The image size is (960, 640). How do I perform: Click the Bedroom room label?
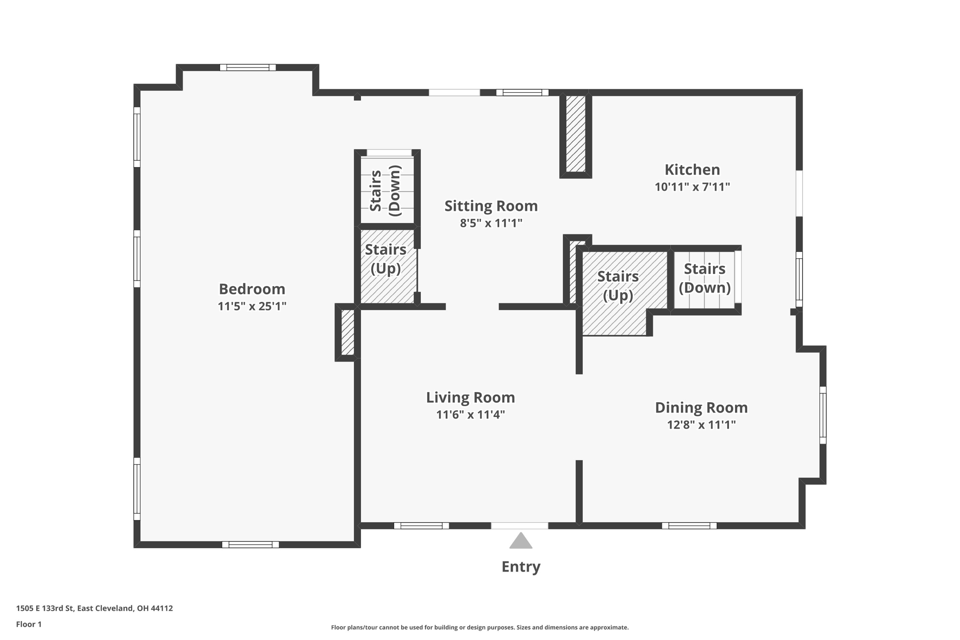tap(252, 289)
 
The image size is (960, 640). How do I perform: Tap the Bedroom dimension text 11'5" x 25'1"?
tap(252, 306)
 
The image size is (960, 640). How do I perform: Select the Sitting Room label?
tap(491, 206)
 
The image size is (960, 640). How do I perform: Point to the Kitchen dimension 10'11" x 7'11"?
tap(692, 187)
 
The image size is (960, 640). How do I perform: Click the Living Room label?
tap(470, 398)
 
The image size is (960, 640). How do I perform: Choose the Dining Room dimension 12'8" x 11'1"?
tap(701, 425)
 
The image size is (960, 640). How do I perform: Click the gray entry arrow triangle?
tap(520, 541)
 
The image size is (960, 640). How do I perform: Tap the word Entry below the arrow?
tap(520, 566)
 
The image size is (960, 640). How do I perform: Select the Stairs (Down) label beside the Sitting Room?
tap(385, 190)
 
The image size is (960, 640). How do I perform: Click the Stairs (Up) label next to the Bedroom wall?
tap(385, 259)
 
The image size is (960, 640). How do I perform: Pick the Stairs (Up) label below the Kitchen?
tap(617, 286)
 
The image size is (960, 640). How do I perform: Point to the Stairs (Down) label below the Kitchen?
tap(704, 278)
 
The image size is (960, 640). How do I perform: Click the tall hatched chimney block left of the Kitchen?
tap(575, 134)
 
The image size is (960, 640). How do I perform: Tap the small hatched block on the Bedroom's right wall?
tap(347, 332)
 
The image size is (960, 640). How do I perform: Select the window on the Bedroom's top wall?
tap(247, 68)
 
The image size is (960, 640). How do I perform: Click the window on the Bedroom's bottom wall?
tap(250, 544)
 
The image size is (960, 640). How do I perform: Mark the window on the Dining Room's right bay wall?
tap(822, 415)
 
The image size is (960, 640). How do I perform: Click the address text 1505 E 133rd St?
tap(94, 608)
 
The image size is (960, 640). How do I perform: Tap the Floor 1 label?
tap(29, 624)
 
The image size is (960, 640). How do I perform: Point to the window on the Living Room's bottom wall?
tap(421, 526)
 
